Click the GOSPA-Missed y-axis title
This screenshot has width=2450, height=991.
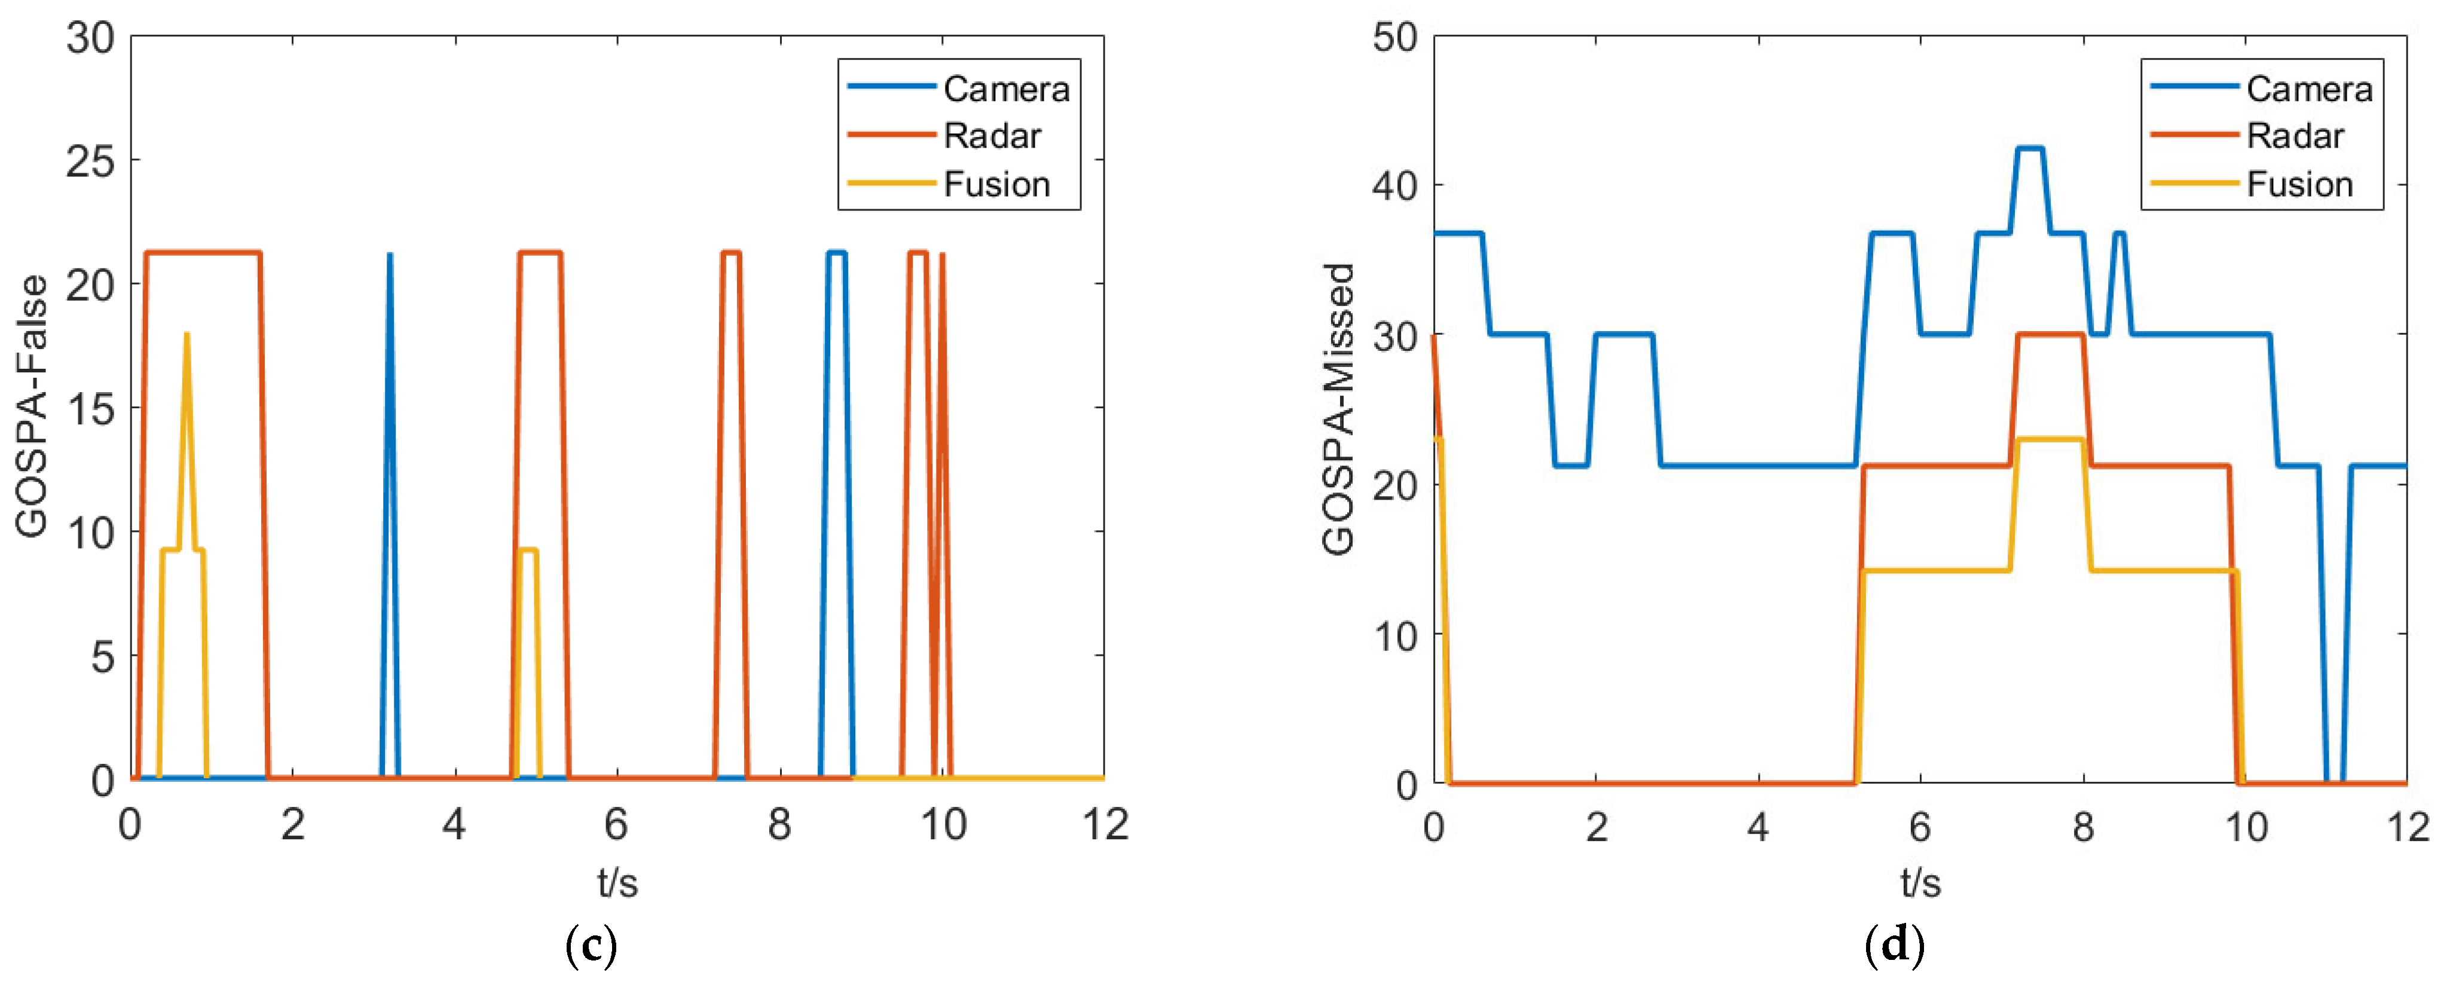[x=1338, y=409]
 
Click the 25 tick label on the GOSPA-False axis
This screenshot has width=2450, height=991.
[x=90, y=161]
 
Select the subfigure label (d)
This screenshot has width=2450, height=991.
[x=1895, y=946]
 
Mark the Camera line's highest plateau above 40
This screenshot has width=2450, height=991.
[x=2030, y=148]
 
